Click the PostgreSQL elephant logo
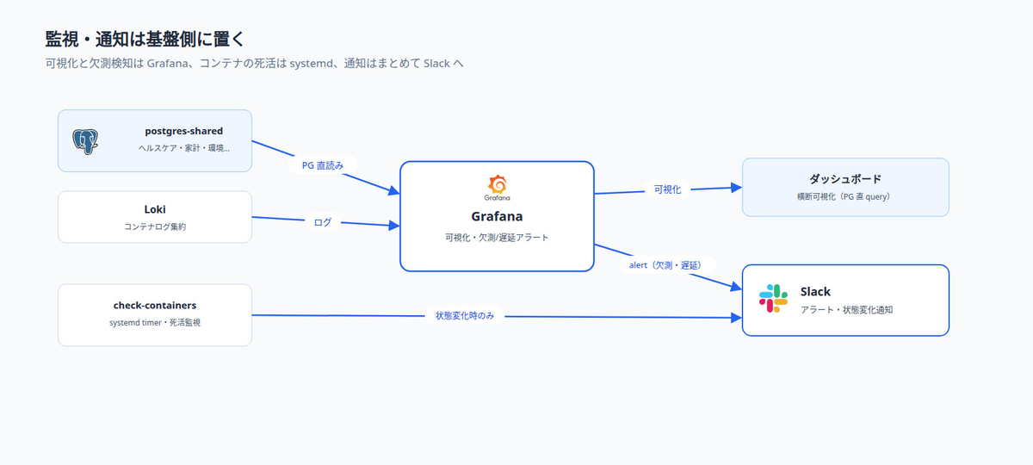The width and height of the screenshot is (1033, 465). (x=85, y=141)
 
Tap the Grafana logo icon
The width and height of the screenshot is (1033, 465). (x=498, y=188)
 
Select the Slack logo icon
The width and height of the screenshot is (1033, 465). (x=773, y=299)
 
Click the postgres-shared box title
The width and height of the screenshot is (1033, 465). (x=184, y=131)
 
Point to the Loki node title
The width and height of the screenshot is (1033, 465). (x=155, y=209)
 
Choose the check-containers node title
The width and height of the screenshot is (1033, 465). (x=155, y=306)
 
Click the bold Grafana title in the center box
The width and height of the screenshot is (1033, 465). (x=498, y=216)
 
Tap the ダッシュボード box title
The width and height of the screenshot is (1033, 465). (x=845, y=179)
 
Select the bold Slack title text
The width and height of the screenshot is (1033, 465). (x=815, y=292)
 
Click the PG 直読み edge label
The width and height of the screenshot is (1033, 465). (x=323, y=165)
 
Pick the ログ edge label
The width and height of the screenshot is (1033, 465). (x=322, y=222)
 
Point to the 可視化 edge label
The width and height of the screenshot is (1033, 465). (x=667, y=189)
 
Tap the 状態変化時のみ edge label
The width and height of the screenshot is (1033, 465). (x=464, y=315)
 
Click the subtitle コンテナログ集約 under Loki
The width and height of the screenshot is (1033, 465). (x=155, y=226)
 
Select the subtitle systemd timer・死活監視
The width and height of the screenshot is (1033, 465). (x=155, y=322)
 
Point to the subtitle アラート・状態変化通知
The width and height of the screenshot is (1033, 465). (x=847, y=309)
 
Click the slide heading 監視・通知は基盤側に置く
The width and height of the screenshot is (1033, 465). (x=145, y=40)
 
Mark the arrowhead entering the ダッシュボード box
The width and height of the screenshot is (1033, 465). (x=737, y=188)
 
